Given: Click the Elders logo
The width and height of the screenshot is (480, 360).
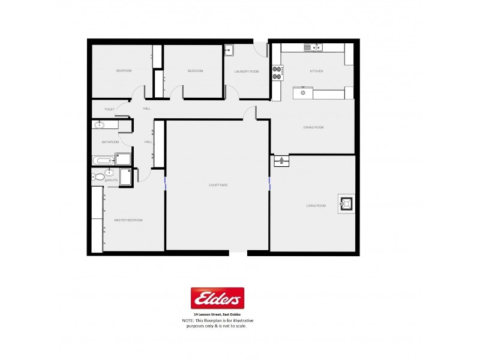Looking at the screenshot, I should click(x=217, y=298).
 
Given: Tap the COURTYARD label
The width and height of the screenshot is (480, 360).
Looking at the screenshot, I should click(x=217, y=185).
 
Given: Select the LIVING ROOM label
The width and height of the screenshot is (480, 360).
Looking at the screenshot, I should click(x=316, y=206).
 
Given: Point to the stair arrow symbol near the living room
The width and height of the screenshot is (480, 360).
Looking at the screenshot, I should click(x=281, y=160).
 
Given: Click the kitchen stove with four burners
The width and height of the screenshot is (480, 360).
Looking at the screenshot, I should click(x=277, y=73).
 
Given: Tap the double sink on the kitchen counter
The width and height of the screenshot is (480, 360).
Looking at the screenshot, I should click(x=314, y=47).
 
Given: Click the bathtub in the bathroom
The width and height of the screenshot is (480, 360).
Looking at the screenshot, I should click(x=103, y=160).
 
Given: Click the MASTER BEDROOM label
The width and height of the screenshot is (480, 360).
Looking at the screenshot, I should click(x=128, y=220).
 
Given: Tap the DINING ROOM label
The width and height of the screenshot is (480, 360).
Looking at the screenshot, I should click(x=313, y=127).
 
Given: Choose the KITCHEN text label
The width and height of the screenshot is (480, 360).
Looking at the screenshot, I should click(x=316, y=71).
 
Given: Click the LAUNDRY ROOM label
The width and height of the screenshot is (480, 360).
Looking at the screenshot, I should click(x=246, y=71).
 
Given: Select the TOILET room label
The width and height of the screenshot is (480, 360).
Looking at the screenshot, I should click(x=109, y=109).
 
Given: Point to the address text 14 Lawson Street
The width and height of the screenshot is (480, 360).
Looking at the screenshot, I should click(x=217, y=315).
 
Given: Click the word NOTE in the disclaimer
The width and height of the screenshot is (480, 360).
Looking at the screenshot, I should click(x=188, y=321).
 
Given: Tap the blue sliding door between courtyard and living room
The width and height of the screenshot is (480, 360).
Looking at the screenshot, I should click(x=270, y=182).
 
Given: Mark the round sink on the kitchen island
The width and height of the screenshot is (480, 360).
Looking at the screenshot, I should click(x=303, y=93).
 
